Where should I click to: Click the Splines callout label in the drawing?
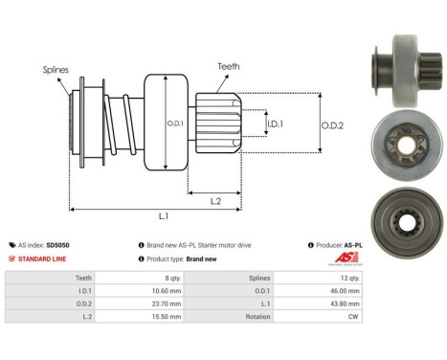pos(56,70)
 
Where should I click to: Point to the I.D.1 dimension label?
pos(275,124)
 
